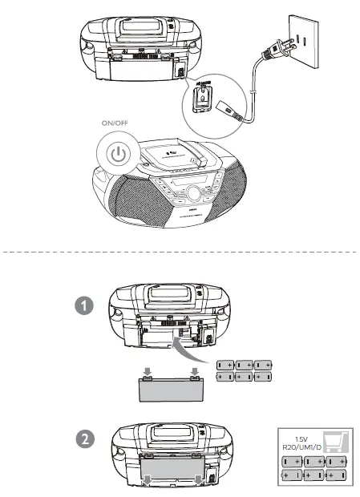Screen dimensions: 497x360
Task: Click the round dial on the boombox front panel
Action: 194,192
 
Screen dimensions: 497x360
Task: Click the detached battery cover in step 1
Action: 169,392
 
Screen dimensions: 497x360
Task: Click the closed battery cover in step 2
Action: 172,467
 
